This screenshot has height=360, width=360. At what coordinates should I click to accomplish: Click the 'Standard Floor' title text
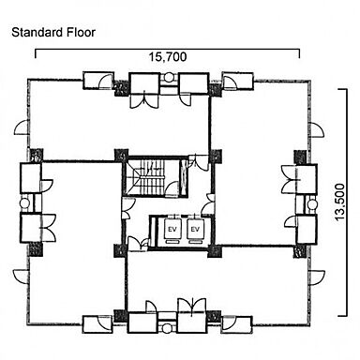tap(53, 32)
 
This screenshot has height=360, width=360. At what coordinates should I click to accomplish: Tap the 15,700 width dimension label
tap(168, 57)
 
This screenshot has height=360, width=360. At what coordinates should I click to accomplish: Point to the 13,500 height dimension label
tap(339, 202)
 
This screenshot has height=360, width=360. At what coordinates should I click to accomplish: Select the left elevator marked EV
tap(172, 229)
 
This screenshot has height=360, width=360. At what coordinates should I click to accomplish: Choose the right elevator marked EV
tap(195, 229)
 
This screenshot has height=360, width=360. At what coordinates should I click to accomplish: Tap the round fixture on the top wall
tap(169, 77)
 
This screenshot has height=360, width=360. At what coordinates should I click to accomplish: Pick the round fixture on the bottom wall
tap(167, 328)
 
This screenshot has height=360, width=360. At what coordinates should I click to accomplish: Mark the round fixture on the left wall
tap(24, 203)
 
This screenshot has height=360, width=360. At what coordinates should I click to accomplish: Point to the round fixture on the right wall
tap(312, 204)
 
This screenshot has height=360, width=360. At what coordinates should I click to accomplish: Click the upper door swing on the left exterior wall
tap(22, 128)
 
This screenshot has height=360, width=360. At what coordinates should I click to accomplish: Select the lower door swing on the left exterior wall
tap(21, 277)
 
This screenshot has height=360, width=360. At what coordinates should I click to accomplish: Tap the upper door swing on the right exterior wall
tap(316, 130)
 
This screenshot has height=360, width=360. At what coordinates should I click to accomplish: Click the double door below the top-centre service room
tap(144, 100)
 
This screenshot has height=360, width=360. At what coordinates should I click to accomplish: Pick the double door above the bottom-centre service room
tap(191, 306)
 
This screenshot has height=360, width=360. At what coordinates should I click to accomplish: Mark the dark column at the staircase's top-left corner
tap(121, 156)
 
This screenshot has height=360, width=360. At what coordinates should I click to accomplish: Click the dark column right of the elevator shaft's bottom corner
tap(215, 251)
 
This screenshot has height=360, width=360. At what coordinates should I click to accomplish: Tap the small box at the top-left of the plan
tap(98, 81)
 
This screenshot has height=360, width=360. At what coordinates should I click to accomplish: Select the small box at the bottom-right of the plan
tap(237, 325)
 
